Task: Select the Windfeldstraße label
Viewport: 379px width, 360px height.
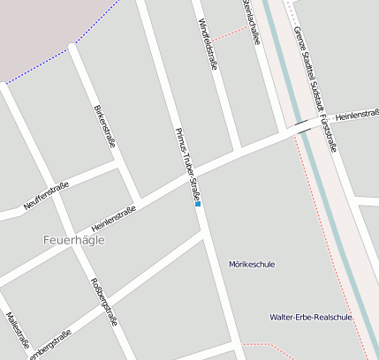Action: pyautogui.click(x=208, y=44)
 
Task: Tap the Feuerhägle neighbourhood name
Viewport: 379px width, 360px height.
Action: pyautogui.click(x=73, y=239)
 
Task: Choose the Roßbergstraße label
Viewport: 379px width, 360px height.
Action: pyautogui.click(x=104, y=301)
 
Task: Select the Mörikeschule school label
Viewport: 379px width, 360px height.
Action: pyautogui.click(x=252, y=264)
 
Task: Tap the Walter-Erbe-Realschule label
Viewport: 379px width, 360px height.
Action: pyautogui.click(x=311, y=317)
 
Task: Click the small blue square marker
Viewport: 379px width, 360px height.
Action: pyautogui.click(x=198, y=204)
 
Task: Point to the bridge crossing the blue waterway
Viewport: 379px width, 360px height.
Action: pyautogui.click(x=307, y=124)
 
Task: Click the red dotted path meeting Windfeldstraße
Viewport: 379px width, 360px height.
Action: pyautogui.click(x=232, y=33)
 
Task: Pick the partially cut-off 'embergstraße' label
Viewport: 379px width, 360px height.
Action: pyautogui.click(x=49, y=346)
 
